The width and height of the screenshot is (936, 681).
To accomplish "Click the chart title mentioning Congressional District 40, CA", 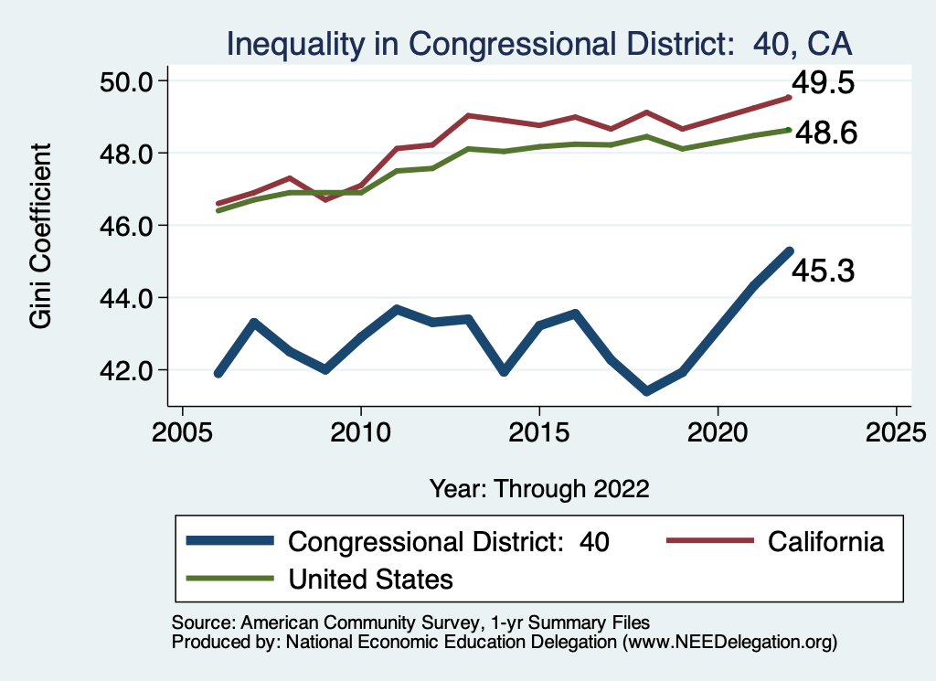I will (538, 44).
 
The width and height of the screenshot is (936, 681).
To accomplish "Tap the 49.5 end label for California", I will (823, 84).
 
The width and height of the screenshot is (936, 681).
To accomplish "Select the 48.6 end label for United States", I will (825, 134).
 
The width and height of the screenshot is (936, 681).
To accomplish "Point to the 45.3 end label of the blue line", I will (823, 271).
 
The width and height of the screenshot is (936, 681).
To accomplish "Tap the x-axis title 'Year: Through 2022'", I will (539, 488).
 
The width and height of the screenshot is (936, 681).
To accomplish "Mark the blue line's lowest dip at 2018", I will (646, 391).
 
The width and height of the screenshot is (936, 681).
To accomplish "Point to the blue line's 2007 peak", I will (253, 323).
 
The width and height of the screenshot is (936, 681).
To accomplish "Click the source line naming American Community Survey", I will (410, 622).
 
